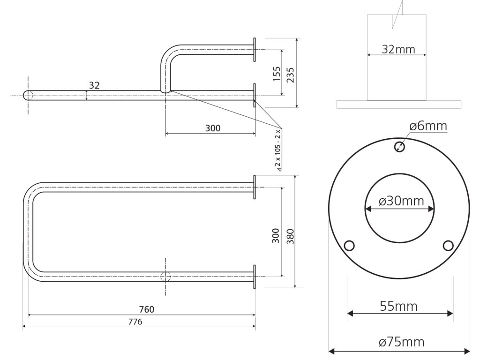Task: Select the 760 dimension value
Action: point(146,309)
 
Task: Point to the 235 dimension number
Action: point(290,74)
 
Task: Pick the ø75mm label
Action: point(401,342)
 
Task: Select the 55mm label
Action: point(398,307)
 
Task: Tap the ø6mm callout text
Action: point(427,126)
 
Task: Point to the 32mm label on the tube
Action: point(398,49)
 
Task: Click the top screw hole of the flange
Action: point(399,146)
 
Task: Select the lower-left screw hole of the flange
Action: point(349,246)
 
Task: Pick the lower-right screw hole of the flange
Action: point(448,246)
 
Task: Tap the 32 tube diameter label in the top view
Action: point(94,85)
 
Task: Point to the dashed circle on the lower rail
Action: point(165,276)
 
